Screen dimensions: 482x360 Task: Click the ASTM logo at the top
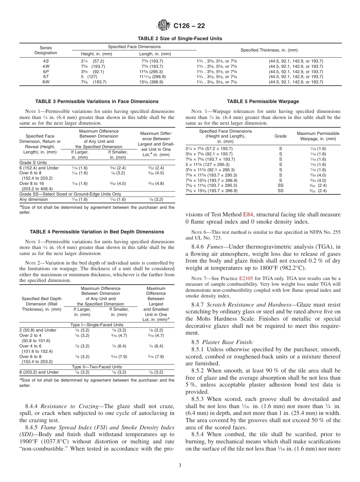(164, 26)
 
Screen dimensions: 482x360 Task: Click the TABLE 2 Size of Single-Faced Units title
(180, 38)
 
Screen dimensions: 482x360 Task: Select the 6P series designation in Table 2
(45, 71)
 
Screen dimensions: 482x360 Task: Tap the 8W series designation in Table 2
(45, 82)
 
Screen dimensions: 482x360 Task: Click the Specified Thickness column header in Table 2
(269, 50)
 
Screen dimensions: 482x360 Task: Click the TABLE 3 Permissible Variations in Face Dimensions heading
(97, 102)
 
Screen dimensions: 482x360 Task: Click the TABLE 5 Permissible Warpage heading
(263, 102)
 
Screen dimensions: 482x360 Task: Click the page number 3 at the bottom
(180, 466)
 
